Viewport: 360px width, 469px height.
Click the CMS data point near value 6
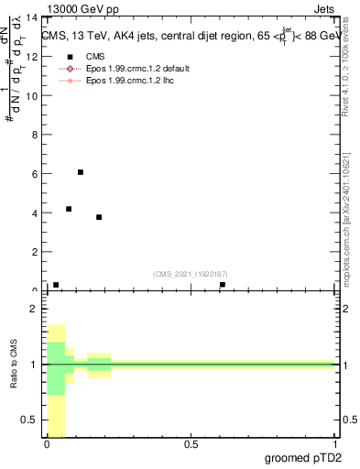(81, 172)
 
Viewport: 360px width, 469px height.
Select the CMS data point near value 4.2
(69, 209)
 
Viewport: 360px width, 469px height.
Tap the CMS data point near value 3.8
(99, 217)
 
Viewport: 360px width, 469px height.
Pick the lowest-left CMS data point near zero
(56, 285)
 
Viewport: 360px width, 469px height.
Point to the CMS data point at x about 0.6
(223, 285)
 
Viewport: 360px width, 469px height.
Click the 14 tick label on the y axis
(31, 18)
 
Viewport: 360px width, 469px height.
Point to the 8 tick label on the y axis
(34, 135)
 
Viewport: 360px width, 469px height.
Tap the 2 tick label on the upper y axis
(34, 251)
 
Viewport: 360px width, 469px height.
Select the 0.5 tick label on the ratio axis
(29, 420)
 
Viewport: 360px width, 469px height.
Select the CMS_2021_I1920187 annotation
(191, 274)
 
